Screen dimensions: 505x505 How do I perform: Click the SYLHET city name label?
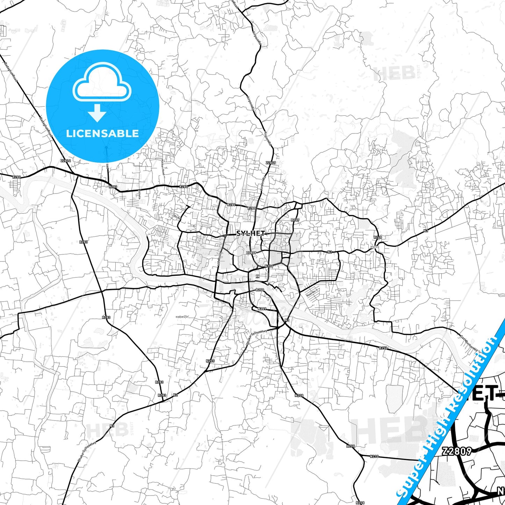point(251,233)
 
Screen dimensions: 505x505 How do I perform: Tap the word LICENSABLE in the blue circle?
point(103,134)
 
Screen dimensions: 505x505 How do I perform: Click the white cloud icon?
point(102,83)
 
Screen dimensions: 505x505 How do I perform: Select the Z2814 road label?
point(65,161)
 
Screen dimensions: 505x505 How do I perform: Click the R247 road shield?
point(295,220)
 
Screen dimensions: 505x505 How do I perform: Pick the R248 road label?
point(378,237)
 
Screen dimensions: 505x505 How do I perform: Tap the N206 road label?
point(269,266)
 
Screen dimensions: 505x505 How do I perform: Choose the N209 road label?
point(262,309)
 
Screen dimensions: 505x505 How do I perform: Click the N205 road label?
point(210,361)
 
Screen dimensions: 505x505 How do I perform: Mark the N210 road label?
point(374,456)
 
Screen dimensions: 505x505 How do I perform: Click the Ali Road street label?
point(177,217)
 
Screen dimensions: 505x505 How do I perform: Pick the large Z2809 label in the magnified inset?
point(457,451)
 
